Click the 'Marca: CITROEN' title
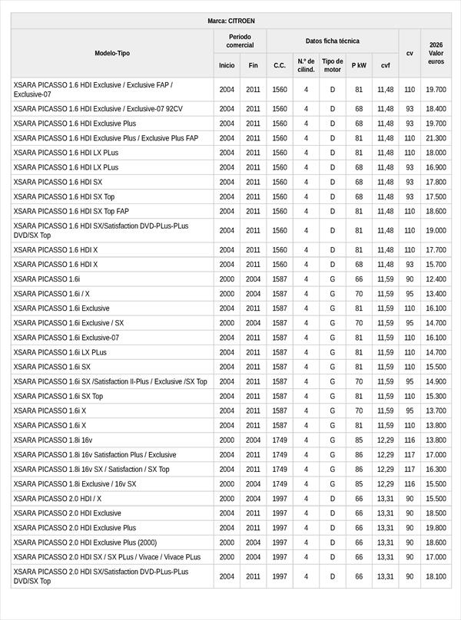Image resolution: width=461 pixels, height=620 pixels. click(x=231, y=21)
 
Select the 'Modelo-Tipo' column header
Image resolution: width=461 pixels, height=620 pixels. click(x=112, y=53)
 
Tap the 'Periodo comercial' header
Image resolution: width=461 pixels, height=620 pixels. click(x=240, y=41)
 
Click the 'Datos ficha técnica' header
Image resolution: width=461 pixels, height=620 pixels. click(x=332, y=41)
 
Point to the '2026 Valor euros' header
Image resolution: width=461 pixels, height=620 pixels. click(x=436, y=53)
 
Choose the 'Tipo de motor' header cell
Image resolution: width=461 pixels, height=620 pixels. click(x=333, y=65)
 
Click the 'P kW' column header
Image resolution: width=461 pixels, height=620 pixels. click(x=359, y=65)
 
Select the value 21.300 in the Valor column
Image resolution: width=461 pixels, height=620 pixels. click(x=436, y=138)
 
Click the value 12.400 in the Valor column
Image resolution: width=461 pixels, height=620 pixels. click(x=436, y=279)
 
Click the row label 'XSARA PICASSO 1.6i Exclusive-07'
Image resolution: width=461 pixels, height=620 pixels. click(x=67, y=338)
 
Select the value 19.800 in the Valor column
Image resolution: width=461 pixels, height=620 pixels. click(x=436, y=528)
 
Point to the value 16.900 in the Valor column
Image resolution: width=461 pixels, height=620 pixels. click(x=436, y=167)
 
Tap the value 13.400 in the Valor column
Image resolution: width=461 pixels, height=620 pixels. click(x=436, y=294)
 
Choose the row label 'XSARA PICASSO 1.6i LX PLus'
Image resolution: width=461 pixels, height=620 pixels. click(x=61, y=352)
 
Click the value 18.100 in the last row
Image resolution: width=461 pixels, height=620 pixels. click(x=436, y=576)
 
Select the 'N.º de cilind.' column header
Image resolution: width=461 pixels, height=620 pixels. click(x=306, y=65)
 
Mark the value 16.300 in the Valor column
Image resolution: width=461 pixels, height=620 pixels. click(x=436, y=469)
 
